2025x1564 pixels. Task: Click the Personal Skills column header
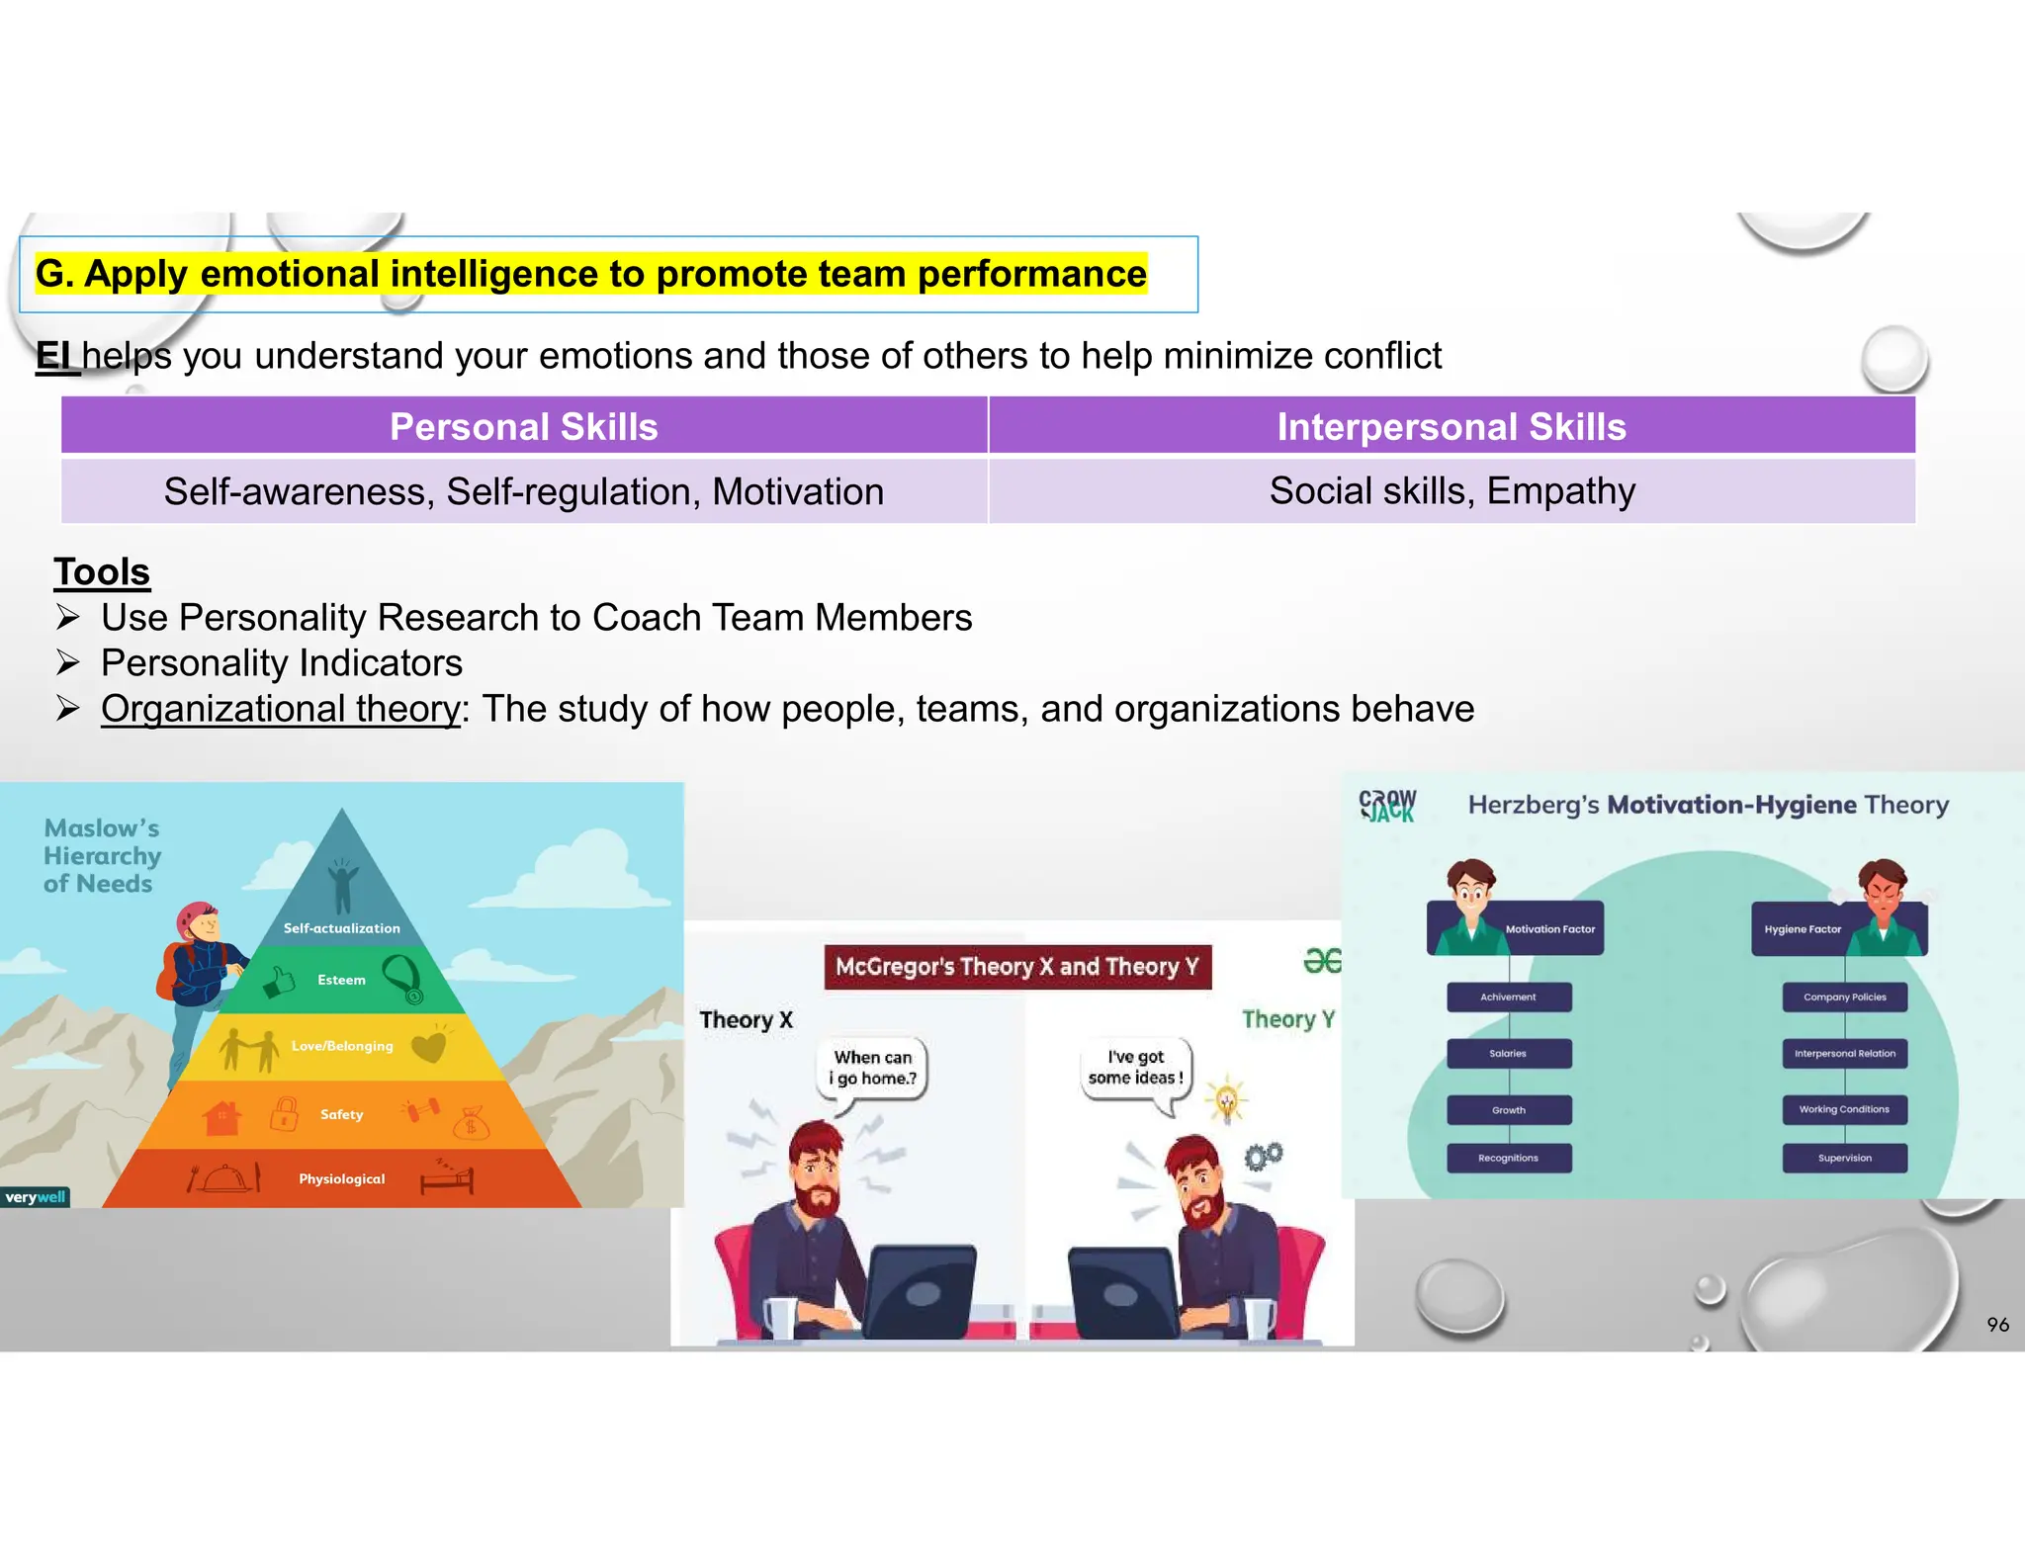pos(524,426)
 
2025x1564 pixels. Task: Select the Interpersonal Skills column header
pos(1451,426)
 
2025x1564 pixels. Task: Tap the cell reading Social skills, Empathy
pos(1452,490)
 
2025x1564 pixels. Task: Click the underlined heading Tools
pos(102,571)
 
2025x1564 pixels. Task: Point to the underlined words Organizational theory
pos(281,708)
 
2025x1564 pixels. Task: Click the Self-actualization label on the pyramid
pos(342,928)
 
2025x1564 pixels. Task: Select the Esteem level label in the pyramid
pos(341,980)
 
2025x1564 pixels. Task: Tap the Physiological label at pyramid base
pos(342,1178)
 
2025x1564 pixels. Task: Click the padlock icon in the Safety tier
pos(284,1114)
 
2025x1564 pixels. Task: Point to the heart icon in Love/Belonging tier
pos(429,1045)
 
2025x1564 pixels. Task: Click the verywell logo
pos(35,1197)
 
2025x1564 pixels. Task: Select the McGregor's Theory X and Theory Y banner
pos(1017,966)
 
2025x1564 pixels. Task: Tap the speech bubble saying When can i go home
pos(873,1068)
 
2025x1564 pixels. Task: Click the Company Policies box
pos(1844,997)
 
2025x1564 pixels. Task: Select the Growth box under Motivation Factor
pos(1509,1109)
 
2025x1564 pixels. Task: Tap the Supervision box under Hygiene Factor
pos(1844,1158)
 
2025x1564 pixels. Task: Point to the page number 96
pos(1997,1325)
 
